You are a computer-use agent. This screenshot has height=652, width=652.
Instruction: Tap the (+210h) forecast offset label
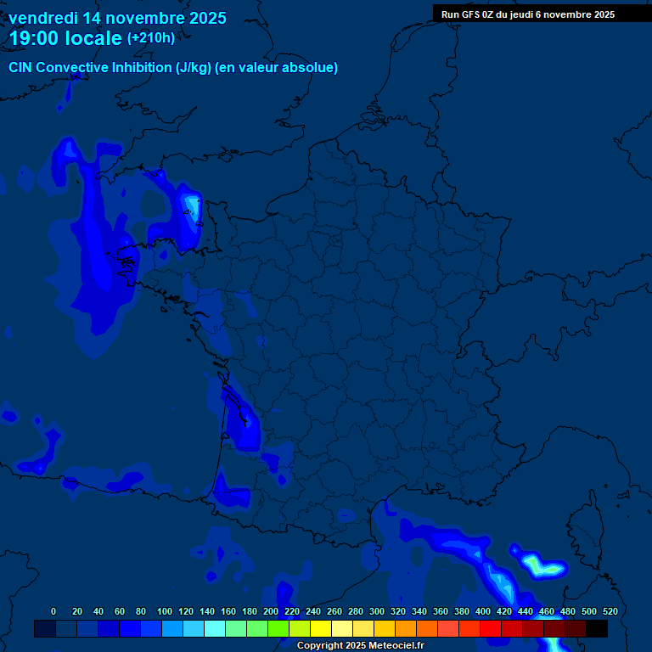click(x=151, y=37)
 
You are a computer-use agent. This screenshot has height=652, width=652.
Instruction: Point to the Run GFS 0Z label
click(x=470, y=14)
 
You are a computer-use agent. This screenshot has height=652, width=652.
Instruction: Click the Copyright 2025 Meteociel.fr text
click(x=360, y=645)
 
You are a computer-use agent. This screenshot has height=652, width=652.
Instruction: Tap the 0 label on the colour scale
click(x=53, y=611)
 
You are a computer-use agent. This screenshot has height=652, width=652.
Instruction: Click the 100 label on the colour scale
click(x=165, y=611)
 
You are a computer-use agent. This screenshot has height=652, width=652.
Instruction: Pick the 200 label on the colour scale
click(x=271, y=611)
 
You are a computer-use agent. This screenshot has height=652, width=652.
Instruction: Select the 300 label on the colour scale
click(x=377, y=611)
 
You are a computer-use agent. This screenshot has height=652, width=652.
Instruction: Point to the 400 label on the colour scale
click(x=483, y=611)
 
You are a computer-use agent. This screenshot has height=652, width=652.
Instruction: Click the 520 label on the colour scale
click(x=610, y=611)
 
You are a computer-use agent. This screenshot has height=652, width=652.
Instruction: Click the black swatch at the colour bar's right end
click(x=597, y=628)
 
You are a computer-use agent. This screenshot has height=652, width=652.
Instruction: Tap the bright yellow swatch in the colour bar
click(x=321, y=628)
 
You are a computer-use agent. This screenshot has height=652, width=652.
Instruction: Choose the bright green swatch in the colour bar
click(x=278, y=628)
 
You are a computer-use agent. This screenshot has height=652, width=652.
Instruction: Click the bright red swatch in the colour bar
click(x=491, y=628)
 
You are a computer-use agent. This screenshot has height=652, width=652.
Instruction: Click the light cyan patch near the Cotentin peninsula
click(x=193, y=207)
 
